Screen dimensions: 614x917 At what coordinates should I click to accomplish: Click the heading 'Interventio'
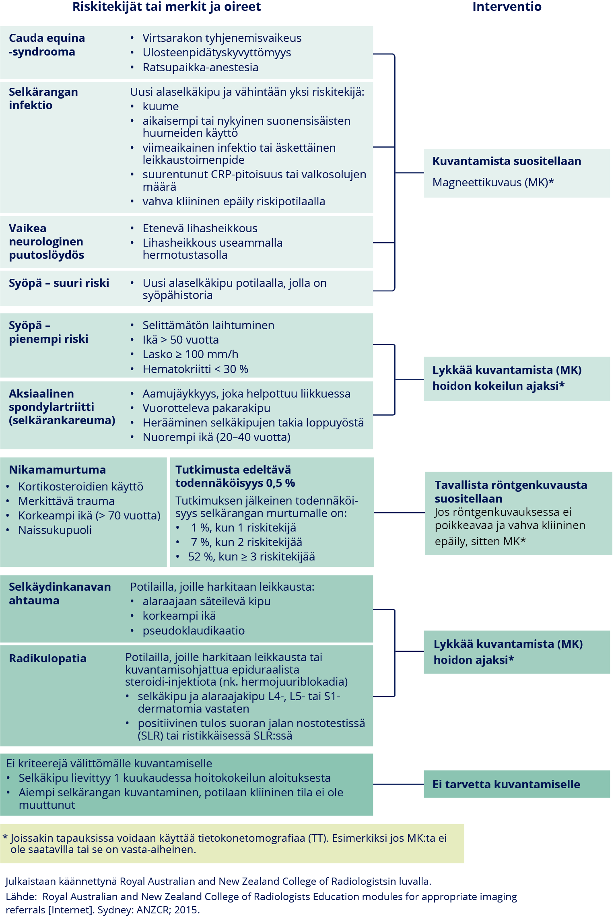pyautogui.click(x=507, y=7)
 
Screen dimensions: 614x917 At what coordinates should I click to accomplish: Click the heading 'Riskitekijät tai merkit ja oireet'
pyautogui.click(x=167, y=7)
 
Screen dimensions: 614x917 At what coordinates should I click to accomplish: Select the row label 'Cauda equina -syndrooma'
pyautogui.click(x=47, y=45)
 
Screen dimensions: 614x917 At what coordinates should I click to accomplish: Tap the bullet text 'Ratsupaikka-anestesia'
pyautogui.click(x=200, y=67)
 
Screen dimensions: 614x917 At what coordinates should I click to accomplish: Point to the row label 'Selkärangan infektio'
pyautogui.click(x=43, y=99)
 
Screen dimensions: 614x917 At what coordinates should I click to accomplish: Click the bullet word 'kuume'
pyautogui.click(x=161, y=106)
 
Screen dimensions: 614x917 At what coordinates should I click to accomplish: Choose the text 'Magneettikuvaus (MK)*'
pyautogui.click(x=493, y=182)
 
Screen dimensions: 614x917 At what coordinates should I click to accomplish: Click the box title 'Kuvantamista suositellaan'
pyautogui.click(x=507, y=161)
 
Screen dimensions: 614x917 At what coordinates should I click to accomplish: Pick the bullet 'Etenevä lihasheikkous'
pyautogui.click(x=200, y=228)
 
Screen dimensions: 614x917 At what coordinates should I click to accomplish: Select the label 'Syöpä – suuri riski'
pyautogui.click(x=59, y=283)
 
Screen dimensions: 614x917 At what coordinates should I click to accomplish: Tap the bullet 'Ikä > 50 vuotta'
pyautogui.click(x=181, y=340)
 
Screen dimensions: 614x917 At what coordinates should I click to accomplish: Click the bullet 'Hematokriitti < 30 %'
pyautogui.click(x=195, y=369)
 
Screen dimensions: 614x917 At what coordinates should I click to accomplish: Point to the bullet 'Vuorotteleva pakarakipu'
pyautogui.click(x=206, y=408)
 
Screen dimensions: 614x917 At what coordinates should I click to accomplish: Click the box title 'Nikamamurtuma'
pyautogui.click(x=58, y=470)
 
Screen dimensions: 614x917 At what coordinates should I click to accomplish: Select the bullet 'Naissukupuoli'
pyautogui.click(x=55, y=530)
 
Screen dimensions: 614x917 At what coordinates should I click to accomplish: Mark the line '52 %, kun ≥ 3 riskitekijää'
pyautogui.click(x=251, y=556)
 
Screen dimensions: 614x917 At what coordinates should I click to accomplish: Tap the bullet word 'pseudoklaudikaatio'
pyautogui.click(x=194, y=631)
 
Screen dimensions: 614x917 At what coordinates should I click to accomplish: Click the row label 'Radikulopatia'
pyautogui.click(x=48, y=658)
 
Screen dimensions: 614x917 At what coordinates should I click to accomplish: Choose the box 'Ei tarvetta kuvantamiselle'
pyautogui.click(x=517, y=784)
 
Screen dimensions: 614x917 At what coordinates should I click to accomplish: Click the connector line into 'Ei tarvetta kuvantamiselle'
pyautogui.click(x=398, y=784)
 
